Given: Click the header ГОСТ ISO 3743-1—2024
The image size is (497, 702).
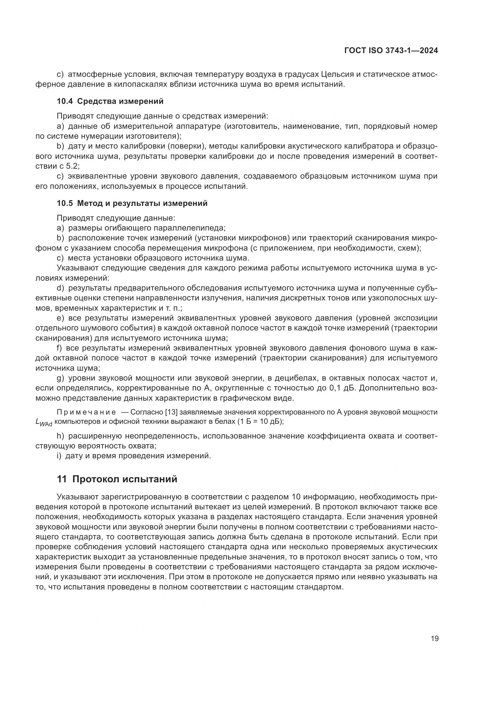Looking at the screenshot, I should (x=391, y=51).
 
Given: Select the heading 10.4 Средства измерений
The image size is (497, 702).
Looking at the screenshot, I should (x=110, y=101).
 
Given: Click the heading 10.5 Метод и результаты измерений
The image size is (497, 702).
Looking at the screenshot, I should (x=132, y=203).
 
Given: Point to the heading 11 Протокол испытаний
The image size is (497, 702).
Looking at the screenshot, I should (x=117, y=479).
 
